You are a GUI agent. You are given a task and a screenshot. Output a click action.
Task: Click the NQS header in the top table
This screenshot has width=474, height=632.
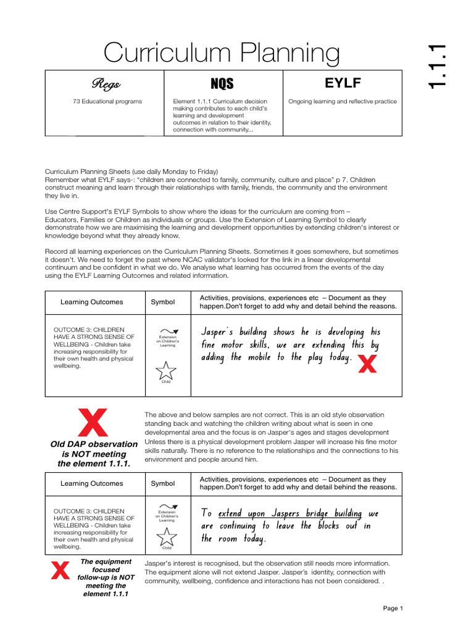tap(222, 83)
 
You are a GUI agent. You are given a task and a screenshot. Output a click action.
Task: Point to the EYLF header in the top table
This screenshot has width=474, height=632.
tap(343, 83)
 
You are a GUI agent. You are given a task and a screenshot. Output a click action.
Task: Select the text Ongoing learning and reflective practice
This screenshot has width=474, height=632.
tap(343, 101)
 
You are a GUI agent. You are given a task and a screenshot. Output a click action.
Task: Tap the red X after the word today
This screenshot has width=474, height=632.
tap(367, 365)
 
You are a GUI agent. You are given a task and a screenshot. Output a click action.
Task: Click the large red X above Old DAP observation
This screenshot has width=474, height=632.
tap(93, 423)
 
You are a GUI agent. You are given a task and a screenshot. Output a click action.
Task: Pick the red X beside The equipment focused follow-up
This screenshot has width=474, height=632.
tap(60, 571)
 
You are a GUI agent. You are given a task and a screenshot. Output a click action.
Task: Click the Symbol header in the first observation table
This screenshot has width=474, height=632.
tap(163, 302)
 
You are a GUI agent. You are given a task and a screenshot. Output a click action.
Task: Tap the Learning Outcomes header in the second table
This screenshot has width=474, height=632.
tap(91, 483)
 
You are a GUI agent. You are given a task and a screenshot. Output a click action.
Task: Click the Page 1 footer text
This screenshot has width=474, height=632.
tap(393, 608)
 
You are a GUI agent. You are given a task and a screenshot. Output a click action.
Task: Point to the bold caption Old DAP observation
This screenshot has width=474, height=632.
tap(94, 444)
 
